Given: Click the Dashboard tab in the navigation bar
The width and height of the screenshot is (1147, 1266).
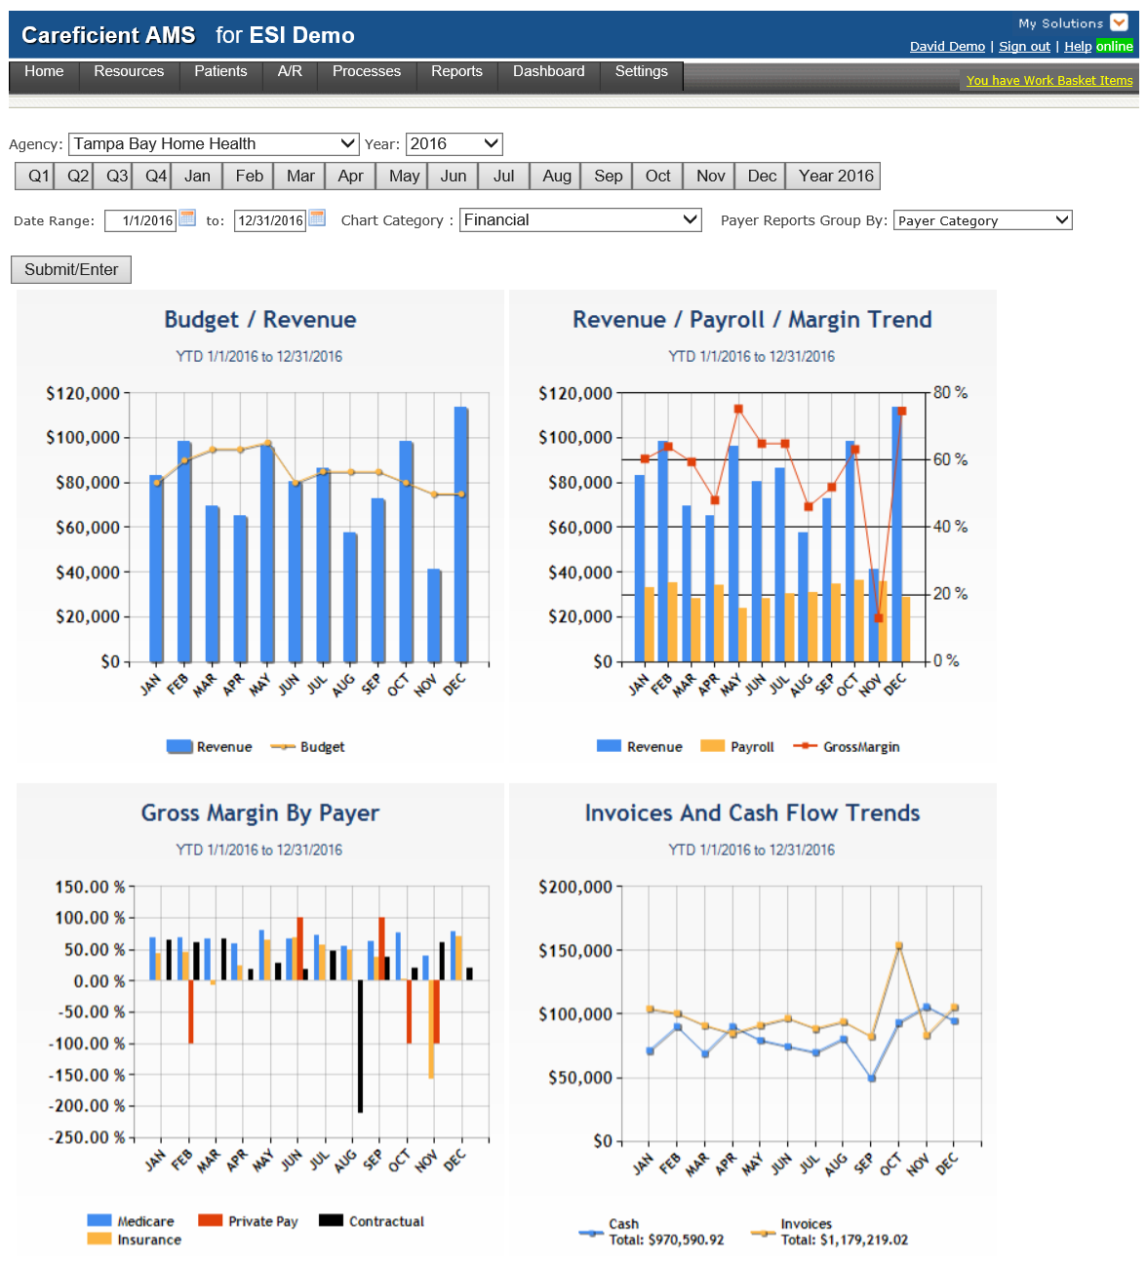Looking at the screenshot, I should click(x=548, y=72).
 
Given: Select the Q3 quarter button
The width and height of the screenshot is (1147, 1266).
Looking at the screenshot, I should click(x=117, y=177).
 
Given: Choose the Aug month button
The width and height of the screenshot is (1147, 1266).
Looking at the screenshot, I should click(x=557, y=177).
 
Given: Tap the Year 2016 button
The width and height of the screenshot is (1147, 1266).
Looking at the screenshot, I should click(x=835, y=177).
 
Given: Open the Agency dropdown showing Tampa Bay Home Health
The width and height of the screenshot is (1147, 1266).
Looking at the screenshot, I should click(x=214, y=144).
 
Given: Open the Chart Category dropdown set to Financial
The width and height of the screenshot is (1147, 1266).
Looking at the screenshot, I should click(x=580, y=220).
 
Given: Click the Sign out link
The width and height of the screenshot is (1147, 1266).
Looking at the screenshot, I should click(x=1024, y=47).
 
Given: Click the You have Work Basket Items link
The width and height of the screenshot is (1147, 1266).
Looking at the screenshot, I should click(x=1048, y=81).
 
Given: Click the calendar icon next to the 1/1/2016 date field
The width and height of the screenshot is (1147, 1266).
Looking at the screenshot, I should click(x=187, y=218).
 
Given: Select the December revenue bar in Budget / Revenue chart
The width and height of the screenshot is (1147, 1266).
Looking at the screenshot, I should click(x=460, y=534).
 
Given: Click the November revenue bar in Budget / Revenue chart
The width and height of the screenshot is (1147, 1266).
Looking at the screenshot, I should click(x=434, y=614).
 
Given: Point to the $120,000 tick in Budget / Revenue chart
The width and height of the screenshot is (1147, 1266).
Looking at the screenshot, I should click(x=83, y=394).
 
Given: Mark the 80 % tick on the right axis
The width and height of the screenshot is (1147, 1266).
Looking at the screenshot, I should click(x=950, y=393).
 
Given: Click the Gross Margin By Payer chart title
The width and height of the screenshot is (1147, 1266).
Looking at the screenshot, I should click(x=260, y=813).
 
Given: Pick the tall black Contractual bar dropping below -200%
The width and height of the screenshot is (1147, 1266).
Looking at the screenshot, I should click(x=360, y=1046).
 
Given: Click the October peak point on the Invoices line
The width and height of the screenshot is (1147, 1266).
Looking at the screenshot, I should click(x=899, y=946).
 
